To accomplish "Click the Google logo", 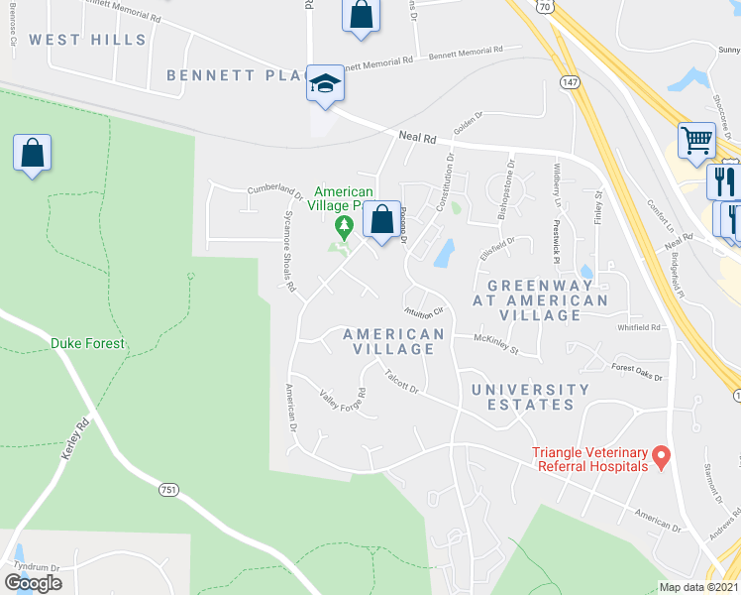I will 33,583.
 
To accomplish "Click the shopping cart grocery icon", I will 696,140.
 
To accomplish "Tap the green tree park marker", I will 344,227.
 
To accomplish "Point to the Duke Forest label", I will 88,344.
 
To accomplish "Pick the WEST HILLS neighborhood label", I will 87,41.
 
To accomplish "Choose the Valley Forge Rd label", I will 343,400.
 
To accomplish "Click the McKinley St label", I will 496,343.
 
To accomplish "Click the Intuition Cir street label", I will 423,309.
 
